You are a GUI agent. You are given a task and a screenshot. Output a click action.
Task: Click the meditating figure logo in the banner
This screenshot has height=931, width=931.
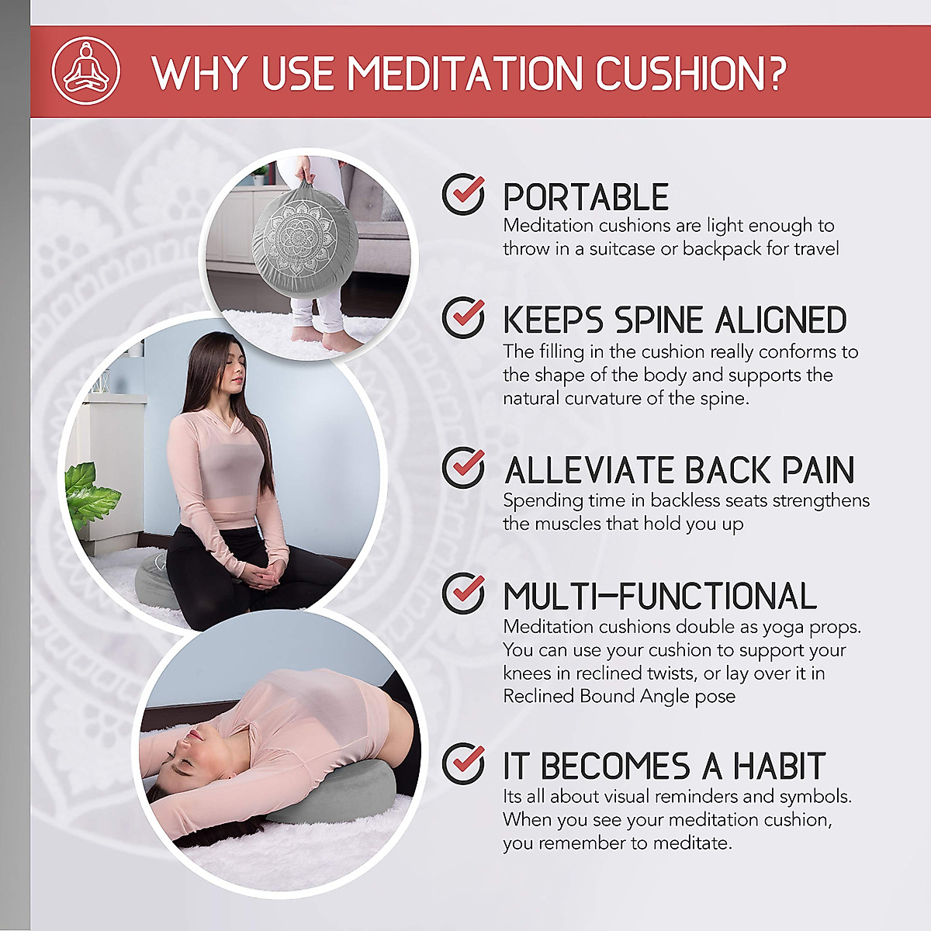[85, 71]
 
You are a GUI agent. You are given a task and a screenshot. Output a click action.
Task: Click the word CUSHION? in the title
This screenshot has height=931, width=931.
[690, 73]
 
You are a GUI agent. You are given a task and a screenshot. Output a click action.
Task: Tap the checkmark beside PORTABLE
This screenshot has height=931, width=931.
[464, 194]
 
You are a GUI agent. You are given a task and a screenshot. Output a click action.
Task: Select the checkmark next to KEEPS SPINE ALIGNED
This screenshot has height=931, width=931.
[464, 317]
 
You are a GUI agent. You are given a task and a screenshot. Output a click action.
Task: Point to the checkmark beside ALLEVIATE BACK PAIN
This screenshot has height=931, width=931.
[464, 468]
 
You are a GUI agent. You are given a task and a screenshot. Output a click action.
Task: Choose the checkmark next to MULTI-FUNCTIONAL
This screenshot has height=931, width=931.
[464, 594]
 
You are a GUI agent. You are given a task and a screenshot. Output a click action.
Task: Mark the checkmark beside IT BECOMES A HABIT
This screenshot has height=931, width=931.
[464, 763]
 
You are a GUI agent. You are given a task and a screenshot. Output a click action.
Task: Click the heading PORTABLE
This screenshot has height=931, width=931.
[586, 197]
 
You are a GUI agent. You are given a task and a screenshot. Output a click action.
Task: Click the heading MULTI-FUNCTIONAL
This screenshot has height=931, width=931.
[659, 597]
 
